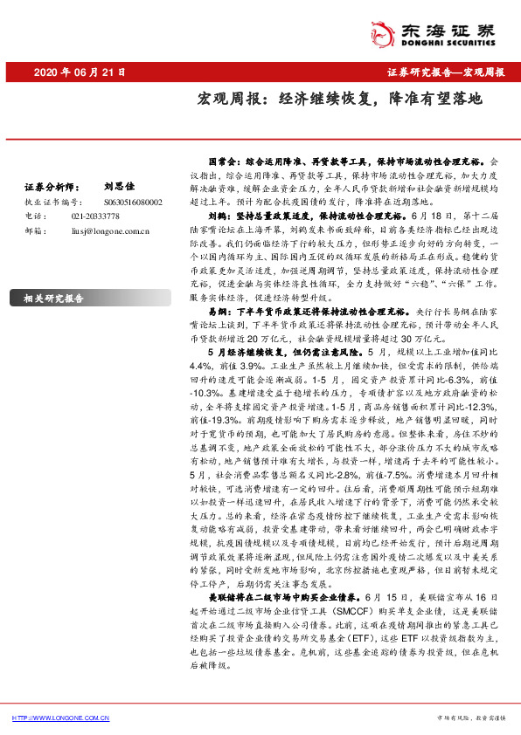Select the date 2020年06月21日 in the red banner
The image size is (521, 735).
point(80,72)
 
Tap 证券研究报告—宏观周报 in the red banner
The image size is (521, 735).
point(445,72)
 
